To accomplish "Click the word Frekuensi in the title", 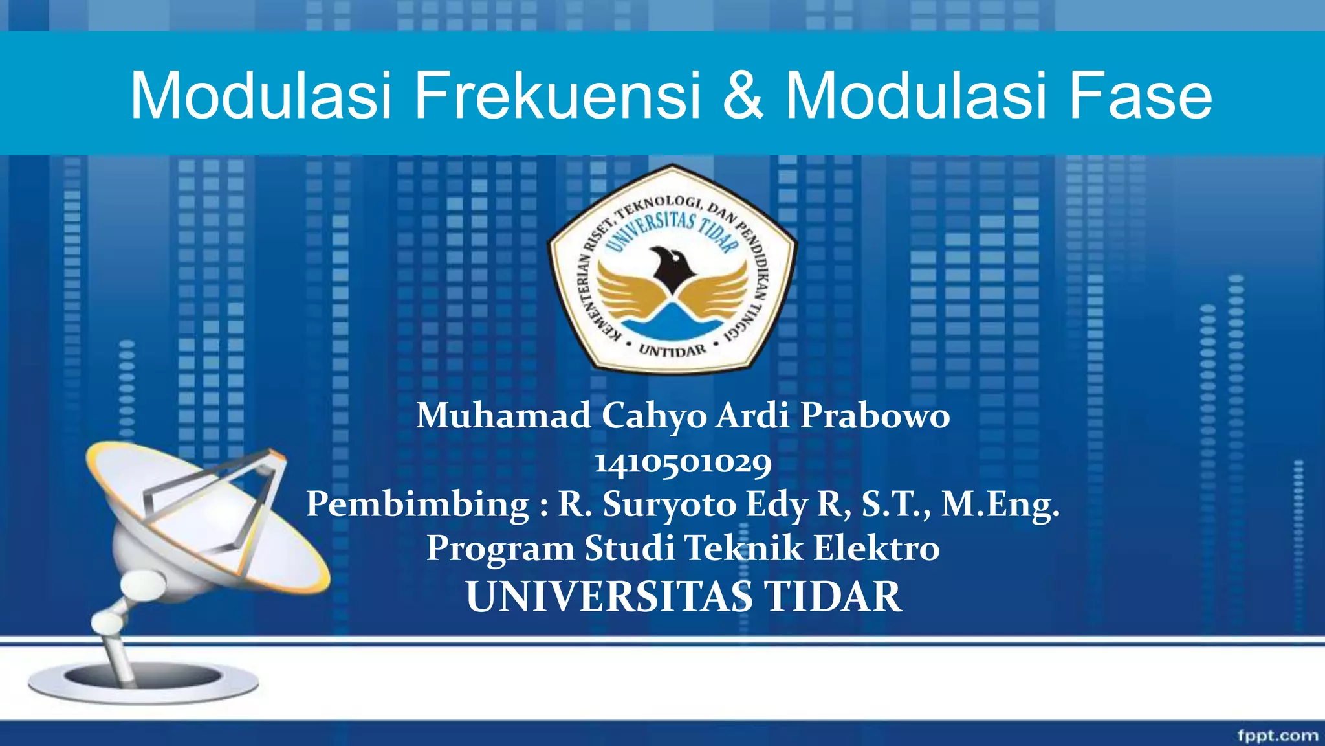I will click(557, 96).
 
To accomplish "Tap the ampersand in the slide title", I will click(743, 96).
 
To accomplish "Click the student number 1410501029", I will click(683, 462).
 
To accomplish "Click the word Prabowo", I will click(875, 415).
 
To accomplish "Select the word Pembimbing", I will click(417, 504).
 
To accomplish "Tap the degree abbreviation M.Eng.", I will click(1000, 504).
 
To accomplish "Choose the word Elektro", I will click(876, 548).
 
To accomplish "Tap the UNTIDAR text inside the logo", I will click(672, 350).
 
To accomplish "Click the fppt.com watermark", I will click(1277, 735).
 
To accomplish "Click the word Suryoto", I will click(670, 504).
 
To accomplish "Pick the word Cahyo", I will click(654, 415).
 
